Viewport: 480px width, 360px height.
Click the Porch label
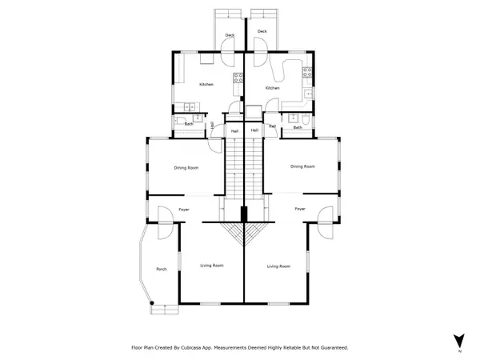(161, 269)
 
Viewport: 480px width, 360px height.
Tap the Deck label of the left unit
(230, 36)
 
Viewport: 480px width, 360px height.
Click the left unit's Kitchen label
(206, 85)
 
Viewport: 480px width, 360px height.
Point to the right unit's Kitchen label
(272, 88)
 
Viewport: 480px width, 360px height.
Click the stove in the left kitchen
(238, 78)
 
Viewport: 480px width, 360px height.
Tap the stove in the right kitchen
(307, 73)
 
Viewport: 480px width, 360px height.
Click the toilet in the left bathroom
(178, 120)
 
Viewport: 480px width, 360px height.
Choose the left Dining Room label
(186, 168)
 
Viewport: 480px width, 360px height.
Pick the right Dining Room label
(302, 166)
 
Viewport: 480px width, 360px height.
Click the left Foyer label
(183, 209)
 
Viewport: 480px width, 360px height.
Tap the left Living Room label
(211, 265)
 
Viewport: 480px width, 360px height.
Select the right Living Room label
(278, 266)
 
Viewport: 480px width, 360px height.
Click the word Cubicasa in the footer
(207, 348)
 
